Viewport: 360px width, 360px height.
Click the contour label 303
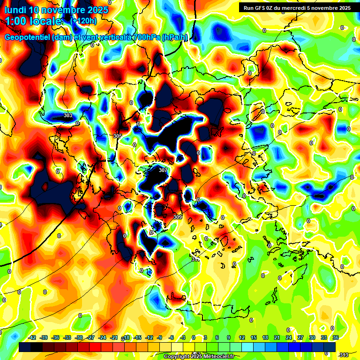click(68, 115)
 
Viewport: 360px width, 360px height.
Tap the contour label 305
click(118, 136)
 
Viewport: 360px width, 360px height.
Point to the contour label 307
click(163, 170)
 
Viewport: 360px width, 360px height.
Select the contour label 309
click(177, 217)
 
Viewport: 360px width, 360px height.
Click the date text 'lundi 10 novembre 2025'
click(56, 10)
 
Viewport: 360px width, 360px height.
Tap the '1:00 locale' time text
click(34, 21)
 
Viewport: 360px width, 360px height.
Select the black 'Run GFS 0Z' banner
click(295, 7)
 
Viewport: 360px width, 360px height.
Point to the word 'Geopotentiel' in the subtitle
click(28, 37)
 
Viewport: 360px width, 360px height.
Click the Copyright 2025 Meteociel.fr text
click(199, 356)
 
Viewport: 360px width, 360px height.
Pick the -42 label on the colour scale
click(32, 337)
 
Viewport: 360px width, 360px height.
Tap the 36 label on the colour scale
click(335, 337)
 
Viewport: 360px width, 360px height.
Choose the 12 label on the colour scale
click(242, 337)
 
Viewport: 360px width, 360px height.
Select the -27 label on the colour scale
click(91, 337)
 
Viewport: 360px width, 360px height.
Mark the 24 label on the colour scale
click(288, 337)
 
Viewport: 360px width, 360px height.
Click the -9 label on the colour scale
click(159, 337)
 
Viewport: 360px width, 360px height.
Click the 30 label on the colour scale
click(312, 337)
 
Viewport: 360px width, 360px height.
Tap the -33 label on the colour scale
click(67, 337)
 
